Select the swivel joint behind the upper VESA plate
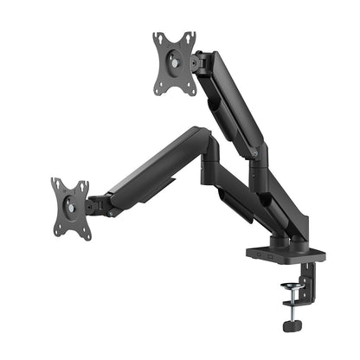pos(200,62)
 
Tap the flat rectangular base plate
pos(286,256)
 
